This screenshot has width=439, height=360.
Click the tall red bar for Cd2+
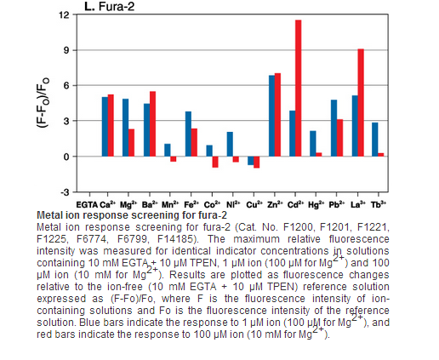pyautogui.click(x=299, y=89)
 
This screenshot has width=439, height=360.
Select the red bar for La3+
pyautogui.click(x=361, y=103)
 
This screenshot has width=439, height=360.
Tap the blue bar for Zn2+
pyautogui.click(x=271, y=116)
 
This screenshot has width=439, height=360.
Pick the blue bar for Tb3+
pyautogui.click(x=375, y=140)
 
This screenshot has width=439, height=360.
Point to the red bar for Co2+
pyautogui.click(x=215, y=162)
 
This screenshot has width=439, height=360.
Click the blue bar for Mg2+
pyautogui.click(x=125, y=128)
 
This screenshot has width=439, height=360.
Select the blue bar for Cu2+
pyautogui.click(x=251, y=161)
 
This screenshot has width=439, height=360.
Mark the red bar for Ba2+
pyautogui.click(x=152, y=124)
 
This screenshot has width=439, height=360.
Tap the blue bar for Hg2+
pyautogui.click(x=313, y=144)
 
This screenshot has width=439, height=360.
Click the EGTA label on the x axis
pyautogui.click(x=87, y=205)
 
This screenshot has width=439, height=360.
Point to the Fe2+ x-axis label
pyautogui.click(x=191, y=204)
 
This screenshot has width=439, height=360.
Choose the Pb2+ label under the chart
pyautogui.click(x=337, y=204)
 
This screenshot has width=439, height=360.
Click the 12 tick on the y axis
pyautogui.click(x=64, y=14)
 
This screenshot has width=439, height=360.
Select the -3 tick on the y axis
pyautogui.click(x=65, y=192)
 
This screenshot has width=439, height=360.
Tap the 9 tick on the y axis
pyautogui.click(x=66, y=50)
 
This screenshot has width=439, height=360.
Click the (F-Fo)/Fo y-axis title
pyautogui.click(x=43, y=103)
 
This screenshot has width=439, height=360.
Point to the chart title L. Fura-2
pyautogui.click(x=110, y=6)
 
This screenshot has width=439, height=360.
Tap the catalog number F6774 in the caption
pyautogui.click(x=92, y=239)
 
